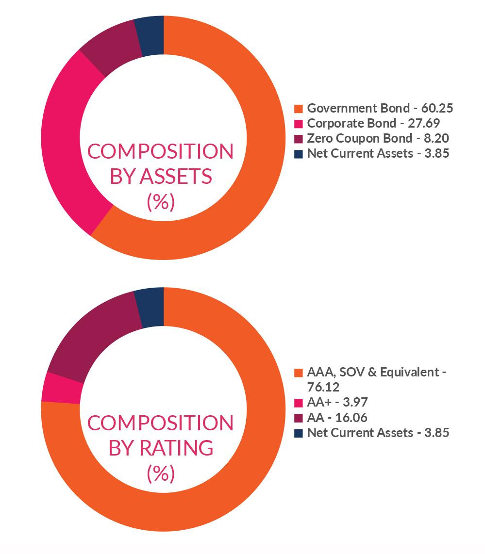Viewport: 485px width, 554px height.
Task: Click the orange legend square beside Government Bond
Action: point(299,108)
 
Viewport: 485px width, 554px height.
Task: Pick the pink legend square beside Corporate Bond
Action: point(299,123)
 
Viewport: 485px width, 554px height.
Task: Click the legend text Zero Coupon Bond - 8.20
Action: point(378,138)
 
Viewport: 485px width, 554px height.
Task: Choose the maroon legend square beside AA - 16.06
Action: point(299,418)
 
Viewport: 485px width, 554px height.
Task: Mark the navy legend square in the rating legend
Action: point(299,433)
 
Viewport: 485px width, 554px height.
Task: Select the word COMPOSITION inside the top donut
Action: point(160,152)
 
